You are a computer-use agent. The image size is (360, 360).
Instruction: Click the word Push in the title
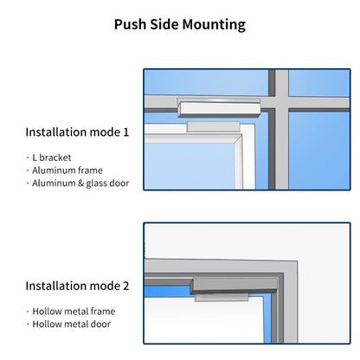pos(131,24)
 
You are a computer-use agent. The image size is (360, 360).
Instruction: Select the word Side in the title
pos(164,24)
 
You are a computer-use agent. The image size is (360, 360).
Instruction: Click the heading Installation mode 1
pos(77,132)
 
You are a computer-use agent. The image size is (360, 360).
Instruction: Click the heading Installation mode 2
pos(77,286)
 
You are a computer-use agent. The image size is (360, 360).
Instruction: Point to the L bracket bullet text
pos(52,157)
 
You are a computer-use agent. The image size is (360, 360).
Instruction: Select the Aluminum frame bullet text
pos(67,170)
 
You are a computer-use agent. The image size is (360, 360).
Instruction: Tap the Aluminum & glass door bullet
pos(80,183)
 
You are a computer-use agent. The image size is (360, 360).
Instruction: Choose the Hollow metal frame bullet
pos(74,312)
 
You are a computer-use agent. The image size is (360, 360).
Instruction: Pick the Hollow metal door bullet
pos(71,324)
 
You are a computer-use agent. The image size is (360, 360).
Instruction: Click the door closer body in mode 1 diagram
pos(219,108)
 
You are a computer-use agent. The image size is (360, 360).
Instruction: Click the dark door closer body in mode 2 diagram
pos(234,286)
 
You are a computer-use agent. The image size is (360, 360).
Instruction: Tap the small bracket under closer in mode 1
pos(214,126)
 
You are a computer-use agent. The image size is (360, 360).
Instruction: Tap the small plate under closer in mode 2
pos(222,298)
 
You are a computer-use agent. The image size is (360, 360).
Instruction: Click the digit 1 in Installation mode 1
pos(125,132)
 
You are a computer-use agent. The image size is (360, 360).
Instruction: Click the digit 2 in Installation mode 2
pos(126,286)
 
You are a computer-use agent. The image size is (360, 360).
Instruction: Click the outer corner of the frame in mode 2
pos(297,261)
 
